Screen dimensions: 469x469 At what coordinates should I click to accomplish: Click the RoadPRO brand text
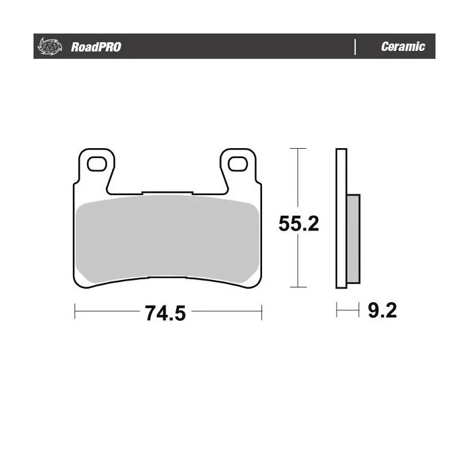point(96,47)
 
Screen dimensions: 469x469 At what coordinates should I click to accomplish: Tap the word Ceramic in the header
point(403,46)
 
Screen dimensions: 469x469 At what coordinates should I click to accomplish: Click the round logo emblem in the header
point(50,47)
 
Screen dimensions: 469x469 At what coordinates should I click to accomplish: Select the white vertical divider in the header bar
point(355,47)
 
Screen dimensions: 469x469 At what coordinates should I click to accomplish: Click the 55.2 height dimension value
point(299,223)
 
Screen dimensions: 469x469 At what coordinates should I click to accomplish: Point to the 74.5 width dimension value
point(165,313)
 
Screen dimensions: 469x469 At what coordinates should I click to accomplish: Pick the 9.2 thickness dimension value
point(383,310)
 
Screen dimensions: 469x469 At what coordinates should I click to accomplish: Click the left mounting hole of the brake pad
point(96,164)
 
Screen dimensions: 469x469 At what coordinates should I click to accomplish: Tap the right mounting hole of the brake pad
point(237,164)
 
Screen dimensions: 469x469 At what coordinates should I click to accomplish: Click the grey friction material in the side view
point(353,239)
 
